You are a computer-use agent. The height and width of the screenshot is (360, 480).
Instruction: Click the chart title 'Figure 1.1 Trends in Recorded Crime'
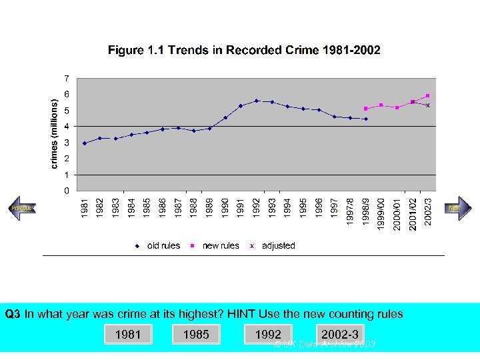245,51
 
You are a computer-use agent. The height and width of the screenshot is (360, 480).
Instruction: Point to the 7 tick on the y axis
65,77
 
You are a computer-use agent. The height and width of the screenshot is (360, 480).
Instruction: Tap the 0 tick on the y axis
65,191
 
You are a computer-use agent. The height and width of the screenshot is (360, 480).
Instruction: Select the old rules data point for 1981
85,143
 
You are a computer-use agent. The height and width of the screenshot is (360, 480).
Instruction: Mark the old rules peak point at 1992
257,101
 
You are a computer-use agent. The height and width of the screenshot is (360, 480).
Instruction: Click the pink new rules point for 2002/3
428,96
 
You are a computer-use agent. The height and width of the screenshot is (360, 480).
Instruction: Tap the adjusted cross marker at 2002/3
428,105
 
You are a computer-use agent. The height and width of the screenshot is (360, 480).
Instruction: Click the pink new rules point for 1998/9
365,109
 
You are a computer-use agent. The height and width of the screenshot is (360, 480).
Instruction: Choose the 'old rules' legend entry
158,246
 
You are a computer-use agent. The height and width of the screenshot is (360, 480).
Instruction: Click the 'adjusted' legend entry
273,246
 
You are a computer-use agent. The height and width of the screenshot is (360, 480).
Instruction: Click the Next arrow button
456,208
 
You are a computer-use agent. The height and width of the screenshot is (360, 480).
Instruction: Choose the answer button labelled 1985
196,335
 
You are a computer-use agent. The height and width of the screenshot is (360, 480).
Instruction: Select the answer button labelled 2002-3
340,335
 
